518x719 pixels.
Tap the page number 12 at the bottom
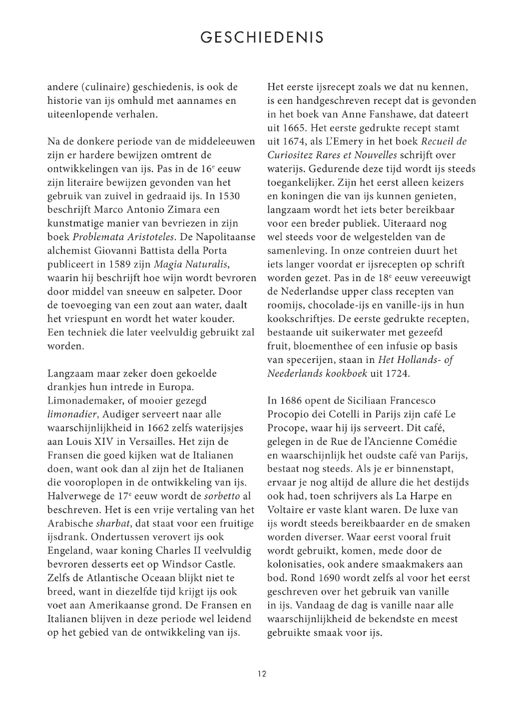(262, 674)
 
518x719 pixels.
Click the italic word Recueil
(437, 141)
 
